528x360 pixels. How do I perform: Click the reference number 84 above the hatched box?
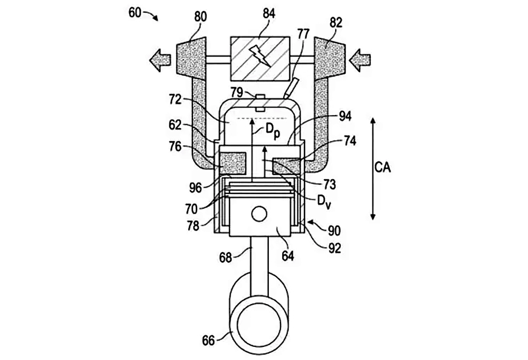point(269,14)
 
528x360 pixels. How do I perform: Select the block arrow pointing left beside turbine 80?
point(160,60)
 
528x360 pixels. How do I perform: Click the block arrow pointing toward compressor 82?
point(360,60)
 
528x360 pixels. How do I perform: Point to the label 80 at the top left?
point(200,17)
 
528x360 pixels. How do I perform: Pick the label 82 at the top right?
point(336,22)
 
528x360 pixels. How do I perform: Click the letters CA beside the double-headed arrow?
point(383,167)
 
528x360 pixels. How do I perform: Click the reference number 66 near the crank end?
point(208,340)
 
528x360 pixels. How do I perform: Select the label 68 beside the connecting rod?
point(225,258)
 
